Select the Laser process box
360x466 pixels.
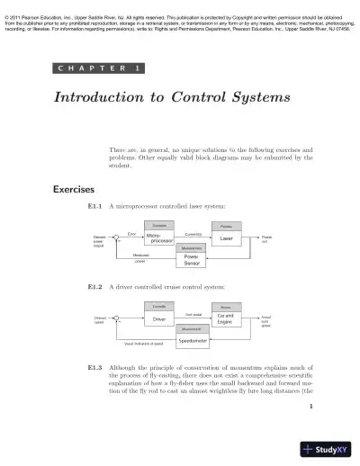pyautogui.click(x=226, y=238)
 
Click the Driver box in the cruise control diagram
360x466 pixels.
pyautogui.click(x=159, y=318)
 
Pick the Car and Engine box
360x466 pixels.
pyautogui.click(x=226, y=318)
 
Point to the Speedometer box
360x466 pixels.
pyautogui.click(x=193, y=340)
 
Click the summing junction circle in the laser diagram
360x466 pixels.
pyautogui.click(x=117, y=237)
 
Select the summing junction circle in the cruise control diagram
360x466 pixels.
pyautogui.click(x=117, y=318)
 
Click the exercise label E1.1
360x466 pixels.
pyautogui.click(x=94, y=206)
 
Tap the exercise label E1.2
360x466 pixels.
pyautogui.click(x=94, y=287)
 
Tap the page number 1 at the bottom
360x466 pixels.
pyautogui.click(x=310, y=407)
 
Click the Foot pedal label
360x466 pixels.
pyautogui.click(x=193, y=314)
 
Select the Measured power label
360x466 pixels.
pyautogui.click(x=141, y=257)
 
